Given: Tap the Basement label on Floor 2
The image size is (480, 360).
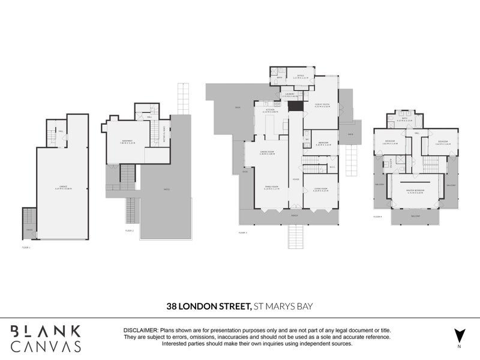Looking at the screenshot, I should click(x=128, y=142).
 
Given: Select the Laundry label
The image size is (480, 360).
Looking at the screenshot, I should click(x=289, y=94).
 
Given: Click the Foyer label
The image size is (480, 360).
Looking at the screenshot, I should click(x=295, y=179).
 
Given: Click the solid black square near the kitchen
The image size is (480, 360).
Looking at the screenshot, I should click(x=294, y=106).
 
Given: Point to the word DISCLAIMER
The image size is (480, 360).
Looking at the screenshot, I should click(x=140, y=331).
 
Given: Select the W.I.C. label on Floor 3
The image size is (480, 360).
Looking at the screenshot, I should click(x=332, y=167).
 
